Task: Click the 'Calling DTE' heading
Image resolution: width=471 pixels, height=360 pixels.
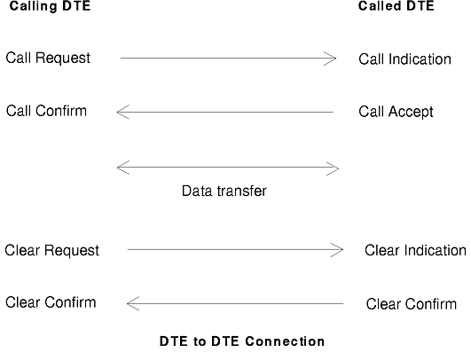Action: tap(50, 6)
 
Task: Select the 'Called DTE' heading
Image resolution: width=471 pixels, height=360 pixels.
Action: tap(396, 6)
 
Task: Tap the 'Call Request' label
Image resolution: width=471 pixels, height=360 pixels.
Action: tap(48, 58)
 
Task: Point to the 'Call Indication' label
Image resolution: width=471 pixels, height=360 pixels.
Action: tap(404, 59)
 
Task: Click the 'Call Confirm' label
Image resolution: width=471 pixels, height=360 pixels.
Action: tap(46, 111)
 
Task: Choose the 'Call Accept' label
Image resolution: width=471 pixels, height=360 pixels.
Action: tap(396, 112)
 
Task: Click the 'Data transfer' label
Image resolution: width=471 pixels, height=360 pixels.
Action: tap(224, 191)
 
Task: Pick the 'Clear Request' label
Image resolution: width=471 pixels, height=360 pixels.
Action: tap(52, 250)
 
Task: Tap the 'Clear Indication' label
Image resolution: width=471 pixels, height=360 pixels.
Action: tap(415, 250)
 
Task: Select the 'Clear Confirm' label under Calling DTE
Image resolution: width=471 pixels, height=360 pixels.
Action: tap(51, 302)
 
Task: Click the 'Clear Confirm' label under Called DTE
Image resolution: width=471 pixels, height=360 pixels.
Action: tap(412, 304)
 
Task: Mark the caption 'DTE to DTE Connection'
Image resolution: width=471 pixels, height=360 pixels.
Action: tap(242, 341)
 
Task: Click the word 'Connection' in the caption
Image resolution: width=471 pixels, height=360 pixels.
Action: tap(285, 341)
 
